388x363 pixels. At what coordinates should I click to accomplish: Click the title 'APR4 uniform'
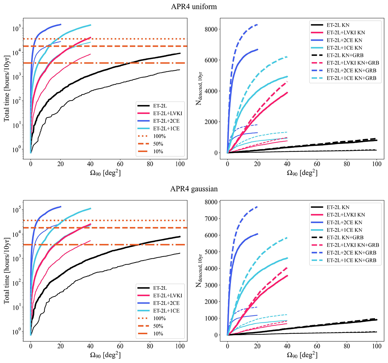point(194,7)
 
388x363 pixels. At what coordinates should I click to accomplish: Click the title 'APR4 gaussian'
point(194,189)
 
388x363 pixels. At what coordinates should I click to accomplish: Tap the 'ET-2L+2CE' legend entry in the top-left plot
point(167,121)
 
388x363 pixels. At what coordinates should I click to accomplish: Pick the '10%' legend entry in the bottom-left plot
point(158,334)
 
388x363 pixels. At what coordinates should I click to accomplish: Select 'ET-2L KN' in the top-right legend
point(338,25)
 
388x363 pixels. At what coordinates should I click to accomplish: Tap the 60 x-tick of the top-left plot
point(120,164)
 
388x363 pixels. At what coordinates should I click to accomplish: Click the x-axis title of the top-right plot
point(302,173)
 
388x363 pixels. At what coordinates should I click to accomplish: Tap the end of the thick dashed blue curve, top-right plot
point(257,25)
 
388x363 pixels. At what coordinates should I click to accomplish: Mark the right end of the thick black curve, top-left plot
point(180,53)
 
